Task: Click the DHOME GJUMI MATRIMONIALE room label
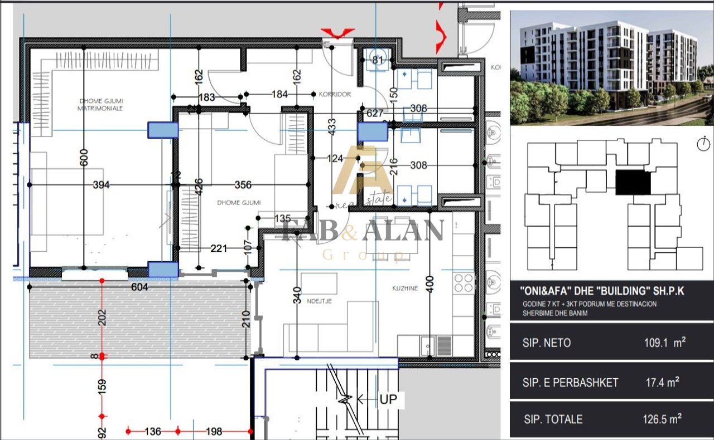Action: pos(100,104)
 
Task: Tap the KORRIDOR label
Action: pos(335,94)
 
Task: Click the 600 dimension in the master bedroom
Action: pos(84,158)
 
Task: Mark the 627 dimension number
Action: pos(374,113)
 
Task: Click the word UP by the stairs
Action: pos(388,399)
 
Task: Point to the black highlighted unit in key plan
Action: pos(633,183)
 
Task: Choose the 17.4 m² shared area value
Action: pos(662,383)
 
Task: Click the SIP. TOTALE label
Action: pos(553,419)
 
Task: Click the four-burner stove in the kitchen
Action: pos(464,282)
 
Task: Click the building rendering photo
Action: pos(611,67)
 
